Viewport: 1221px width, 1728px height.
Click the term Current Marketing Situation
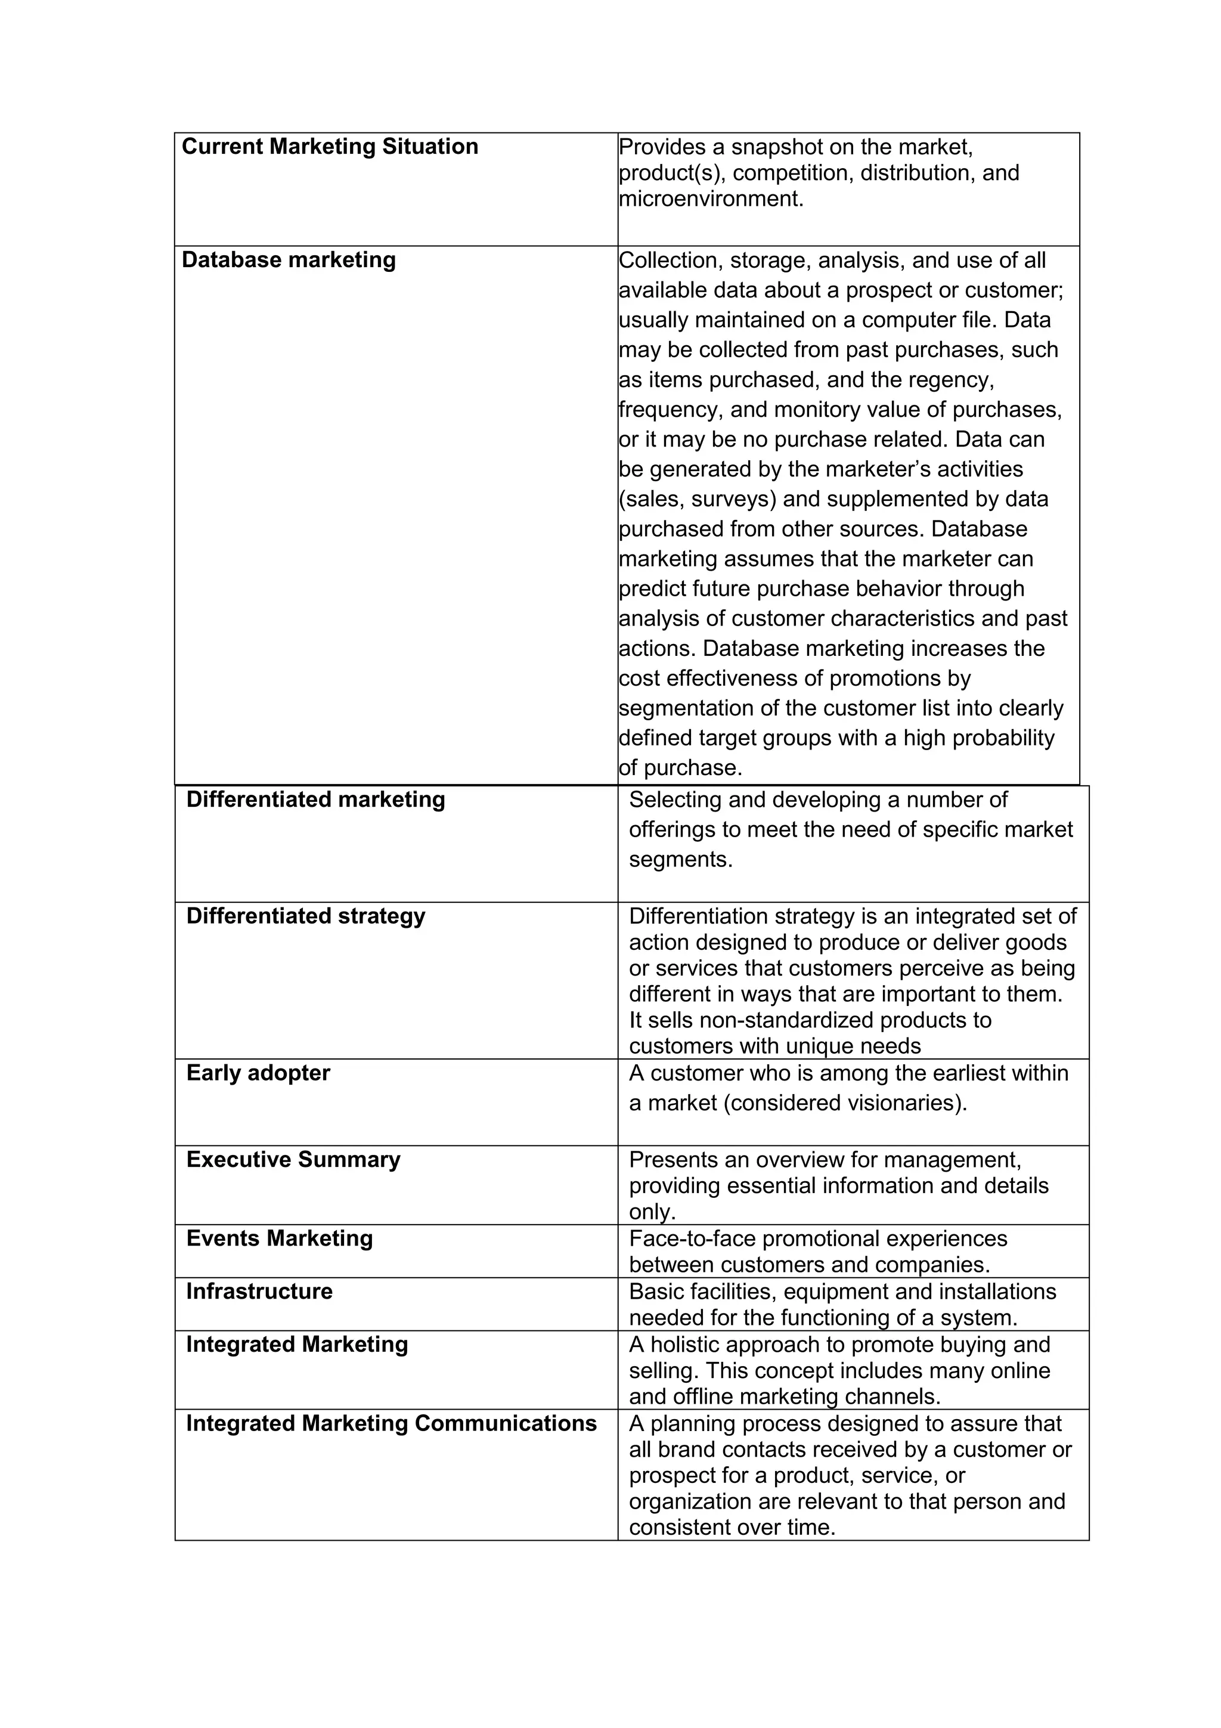point(330,146)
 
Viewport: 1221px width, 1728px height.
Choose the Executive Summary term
point(293,1159)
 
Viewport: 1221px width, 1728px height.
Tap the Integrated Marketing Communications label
point(391,1423)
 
